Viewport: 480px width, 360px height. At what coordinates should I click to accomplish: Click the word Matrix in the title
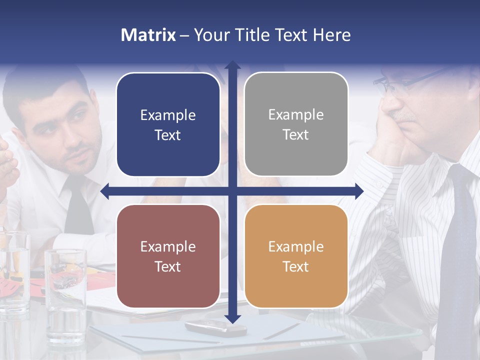point(148,35)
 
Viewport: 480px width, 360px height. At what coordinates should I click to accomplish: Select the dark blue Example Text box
point(168,125)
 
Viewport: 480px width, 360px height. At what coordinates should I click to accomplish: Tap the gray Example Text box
point(296,124)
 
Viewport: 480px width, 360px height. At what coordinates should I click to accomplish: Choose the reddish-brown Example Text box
point(168,256)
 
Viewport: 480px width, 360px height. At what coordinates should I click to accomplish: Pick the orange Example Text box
point(296,256)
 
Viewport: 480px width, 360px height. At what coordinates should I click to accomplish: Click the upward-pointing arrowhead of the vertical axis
point(232,65)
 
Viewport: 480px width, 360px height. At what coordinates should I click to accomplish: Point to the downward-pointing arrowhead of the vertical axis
point(232,318)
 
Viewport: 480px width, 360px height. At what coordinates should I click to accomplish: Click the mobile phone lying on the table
point(215,327)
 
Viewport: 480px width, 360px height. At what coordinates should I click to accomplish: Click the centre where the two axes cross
point(232,191)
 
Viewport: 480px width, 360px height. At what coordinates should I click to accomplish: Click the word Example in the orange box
point(296,246)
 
